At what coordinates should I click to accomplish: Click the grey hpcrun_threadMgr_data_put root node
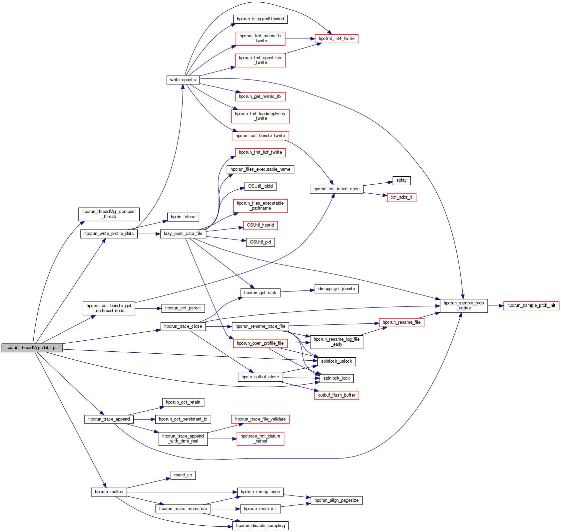click(x=32, y=348)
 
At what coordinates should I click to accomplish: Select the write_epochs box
click(x=183, y=80)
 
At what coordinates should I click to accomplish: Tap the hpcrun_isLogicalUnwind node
click(x=260, y=19)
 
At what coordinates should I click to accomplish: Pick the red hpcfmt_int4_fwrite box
click(x=336, y=39)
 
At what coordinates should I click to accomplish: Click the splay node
click(x=401, y=180)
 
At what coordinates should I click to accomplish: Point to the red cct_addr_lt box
click(x=401, y=197)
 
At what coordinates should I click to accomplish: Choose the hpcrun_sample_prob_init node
click(x=531, y=305)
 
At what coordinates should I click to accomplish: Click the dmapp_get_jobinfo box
click(x=336, y=289)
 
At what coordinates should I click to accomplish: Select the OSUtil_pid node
click(x=260, y=242)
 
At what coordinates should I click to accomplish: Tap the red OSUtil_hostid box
click(x=260, y=225)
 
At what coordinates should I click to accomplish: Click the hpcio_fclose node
click(x=183, y=217)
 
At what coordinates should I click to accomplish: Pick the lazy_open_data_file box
click(x=183, y=234)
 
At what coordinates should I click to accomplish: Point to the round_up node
click(x=183, y=475)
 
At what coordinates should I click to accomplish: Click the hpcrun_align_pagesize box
click(x=336, y=500)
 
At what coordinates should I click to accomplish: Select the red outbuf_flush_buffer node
click(x=336, y=395)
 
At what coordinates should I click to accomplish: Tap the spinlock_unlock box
click(x=336, y=361)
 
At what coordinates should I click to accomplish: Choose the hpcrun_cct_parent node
click(x=183, y=308)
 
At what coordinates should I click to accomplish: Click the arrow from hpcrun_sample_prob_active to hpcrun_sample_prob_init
click(x=495, y=305)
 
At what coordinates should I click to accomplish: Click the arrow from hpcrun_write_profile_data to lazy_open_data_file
click(x=149, y=234)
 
